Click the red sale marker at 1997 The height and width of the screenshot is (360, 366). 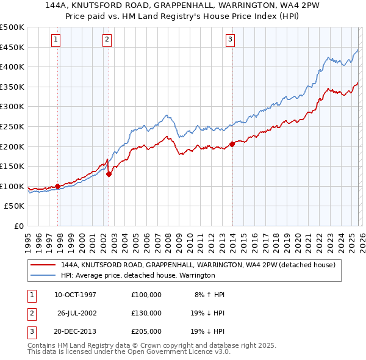tap(57, 186)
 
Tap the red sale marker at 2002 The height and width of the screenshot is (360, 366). tap(109, 174)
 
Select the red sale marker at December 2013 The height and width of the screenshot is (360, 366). tap(232, 145)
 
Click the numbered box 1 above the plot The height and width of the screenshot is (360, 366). tap(56, 40)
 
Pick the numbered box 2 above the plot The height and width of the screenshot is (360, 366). tap(107, 40)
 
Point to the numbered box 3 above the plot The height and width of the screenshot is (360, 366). tap(231, 40)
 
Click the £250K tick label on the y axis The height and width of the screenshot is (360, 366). tap(12, 126)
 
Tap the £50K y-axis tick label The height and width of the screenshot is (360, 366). tap(14, 206)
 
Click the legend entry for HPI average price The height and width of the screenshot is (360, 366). tap(138, 275)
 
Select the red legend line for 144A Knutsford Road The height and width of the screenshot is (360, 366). tap(43, 265)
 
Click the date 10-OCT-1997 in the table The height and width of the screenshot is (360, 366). tap(76, 295)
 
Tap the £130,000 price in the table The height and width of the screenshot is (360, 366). tap(146, 313)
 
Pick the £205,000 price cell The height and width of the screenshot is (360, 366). tap(146, 331)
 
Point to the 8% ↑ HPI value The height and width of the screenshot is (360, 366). tap(209, 295)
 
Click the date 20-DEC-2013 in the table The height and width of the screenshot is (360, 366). tap(76, 331)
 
